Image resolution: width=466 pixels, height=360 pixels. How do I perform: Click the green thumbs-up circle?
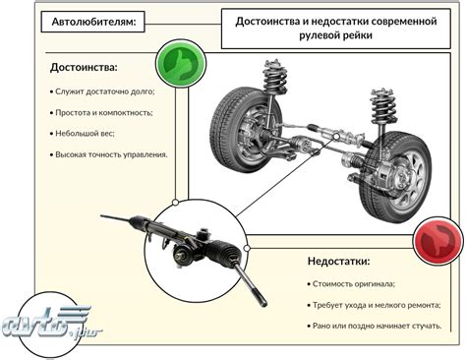[x=181, y=64]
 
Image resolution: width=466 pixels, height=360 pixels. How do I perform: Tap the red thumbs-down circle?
[x=438, y=241]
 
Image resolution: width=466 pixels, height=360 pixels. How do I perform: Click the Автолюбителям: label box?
[x=93, y=22]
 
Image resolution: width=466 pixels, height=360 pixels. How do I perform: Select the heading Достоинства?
[x=84, y=68]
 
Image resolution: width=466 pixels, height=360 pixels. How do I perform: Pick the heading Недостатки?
[x=338, y=262]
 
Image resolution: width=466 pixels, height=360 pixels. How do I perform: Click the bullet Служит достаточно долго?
[x=102, y=91]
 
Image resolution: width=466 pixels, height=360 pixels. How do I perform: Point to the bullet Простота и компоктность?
[x=101, y=113]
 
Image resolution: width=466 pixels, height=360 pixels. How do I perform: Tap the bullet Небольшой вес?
[x=83, y=134]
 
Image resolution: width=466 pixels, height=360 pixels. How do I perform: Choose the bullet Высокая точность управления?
[x=109, y=154]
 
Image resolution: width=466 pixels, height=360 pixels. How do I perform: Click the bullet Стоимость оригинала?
[x=351, y=284]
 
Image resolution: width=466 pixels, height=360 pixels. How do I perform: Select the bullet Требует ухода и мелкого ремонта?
[x=374, y=305]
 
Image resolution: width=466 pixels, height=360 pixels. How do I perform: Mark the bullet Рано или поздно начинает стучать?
[x=375, y=326]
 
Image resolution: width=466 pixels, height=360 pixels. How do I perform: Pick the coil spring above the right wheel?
[x=383, y=105]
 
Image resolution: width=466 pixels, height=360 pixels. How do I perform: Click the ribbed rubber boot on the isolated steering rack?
[x=225, y=251]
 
